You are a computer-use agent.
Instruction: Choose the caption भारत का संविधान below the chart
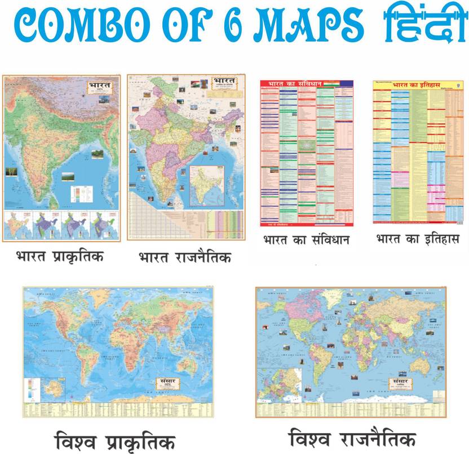(x=307, y=240)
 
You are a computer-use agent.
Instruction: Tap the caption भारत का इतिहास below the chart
(x=417, y=239)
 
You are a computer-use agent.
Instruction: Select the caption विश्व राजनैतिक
(x=353, y=437)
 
